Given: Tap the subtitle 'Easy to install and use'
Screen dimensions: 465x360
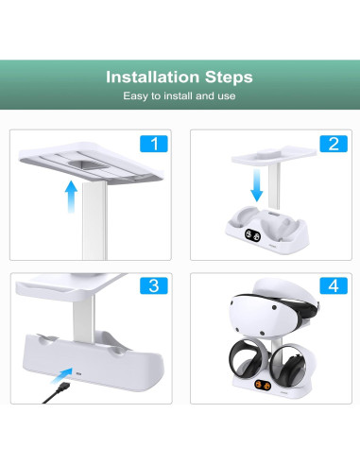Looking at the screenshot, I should [x=180, y=96].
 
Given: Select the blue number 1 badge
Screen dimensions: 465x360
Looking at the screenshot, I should [x=152, y=144].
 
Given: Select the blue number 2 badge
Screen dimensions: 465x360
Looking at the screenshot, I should [x=332, y=144].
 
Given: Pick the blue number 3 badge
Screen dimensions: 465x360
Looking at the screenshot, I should [x=152, y=286].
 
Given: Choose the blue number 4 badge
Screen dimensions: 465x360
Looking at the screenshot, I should [x=332, y=286].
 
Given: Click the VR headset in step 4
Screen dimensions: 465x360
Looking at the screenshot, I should [x=269, y=322].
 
